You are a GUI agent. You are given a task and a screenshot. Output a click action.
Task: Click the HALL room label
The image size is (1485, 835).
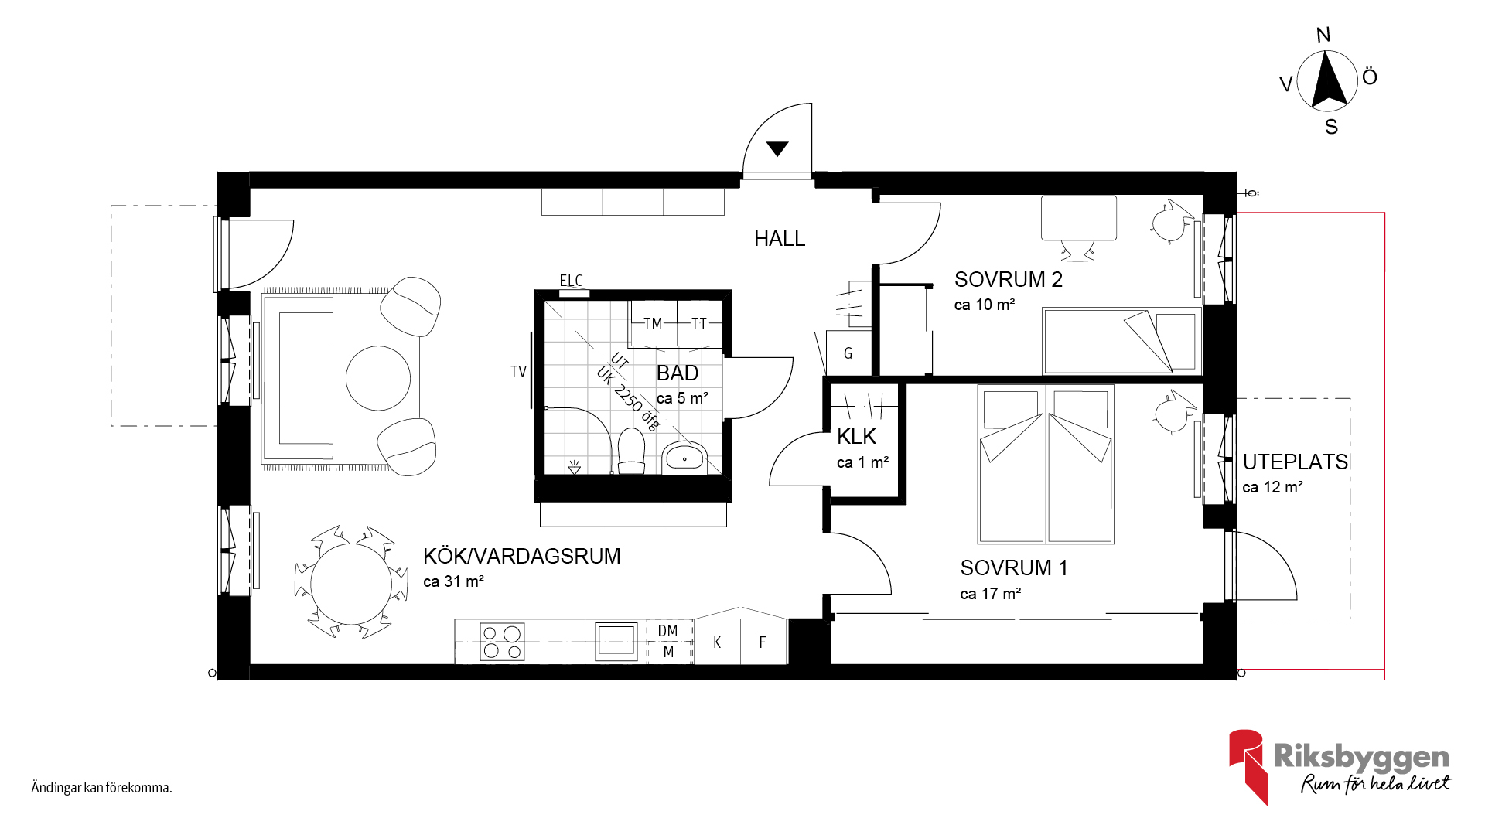[780, 239]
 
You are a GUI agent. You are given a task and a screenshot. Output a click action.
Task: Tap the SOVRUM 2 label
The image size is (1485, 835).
[1009, 280]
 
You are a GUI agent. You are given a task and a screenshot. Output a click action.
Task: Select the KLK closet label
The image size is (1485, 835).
[856, 437]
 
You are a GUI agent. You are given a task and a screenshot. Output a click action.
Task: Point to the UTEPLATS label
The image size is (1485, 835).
[1295, 462]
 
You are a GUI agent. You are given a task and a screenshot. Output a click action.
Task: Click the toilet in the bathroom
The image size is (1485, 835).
[631, 452]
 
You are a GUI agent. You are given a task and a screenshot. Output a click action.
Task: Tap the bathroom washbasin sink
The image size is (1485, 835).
[684, 457]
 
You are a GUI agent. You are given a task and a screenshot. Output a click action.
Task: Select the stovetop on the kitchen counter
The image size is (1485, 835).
[502, 642]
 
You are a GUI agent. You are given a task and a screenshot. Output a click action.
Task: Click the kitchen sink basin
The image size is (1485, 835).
[616, 641]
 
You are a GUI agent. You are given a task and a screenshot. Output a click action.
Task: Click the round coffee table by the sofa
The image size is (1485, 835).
[378, 378]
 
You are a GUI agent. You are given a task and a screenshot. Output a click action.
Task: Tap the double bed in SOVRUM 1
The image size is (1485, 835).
[1046, 465]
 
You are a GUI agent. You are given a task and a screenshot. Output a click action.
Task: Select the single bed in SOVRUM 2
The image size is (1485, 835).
[1121, 341]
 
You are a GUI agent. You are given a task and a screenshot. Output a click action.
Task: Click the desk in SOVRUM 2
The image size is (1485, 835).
[1079, 218]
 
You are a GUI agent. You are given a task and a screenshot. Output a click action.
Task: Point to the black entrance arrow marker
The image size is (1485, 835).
[777, 148]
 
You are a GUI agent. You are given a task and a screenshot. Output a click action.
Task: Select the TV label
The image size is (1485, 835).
[518, 372]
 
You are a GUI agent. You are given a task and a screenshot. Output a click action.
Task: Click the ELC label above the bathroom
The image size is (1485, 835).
[571, 281]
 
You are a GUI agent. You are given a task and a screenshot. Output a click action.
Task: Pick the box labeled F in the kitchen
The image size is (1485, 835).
[763, 642]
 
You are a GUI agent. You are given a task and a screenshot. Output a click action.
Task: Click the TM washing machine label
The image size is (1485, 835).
[653, 324]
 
